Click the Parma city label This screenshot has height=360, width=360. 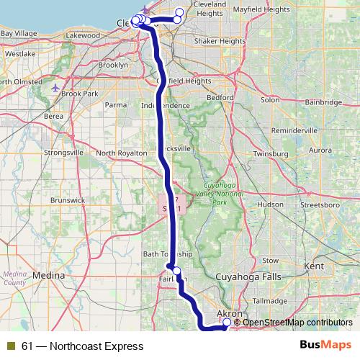[x=115, y=104]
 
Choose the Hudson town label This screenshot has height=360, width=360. [x=270, y=204]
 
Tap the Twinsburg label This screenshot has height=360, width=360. [x=270, y=154]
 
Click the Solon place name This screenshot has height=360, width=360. [x=270, y=99]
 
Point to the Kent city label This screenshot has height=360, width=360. [x=315, y=266]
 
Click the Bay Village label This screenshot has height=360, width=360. [x=19, y=33]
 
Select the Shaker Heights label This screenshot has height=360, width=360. [x=220, y=42]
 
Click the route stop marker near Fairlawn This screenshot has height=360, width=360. [x=176, y=271]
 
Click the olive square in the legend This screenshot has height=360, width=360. [x=11, y=346]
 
